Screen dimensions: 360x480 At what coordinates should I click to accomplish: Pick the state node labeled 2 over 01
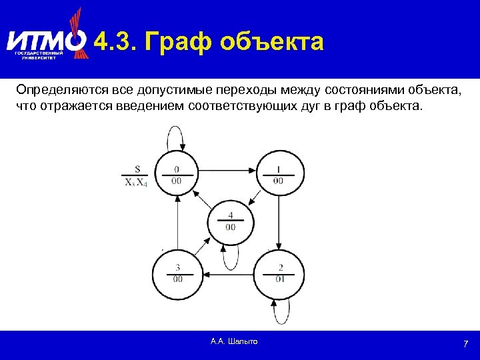point(279,273)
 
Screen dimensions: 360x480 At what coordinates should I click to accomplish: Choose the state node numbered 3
point(177,273)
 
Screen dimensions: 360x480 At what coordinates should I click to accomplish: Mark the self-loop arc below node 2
point(281,308)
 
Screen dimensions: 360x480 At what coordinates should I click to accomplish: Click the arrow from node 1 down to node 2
point(279,222)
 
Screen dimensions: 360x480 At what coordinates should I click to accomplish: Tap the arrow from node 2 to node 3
point(228,273)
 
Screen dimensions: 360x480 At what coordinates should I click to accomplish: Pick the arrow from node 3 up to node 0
point(177,223)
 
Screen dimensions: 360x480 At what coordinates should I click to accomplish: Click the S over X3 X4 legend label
point(136,177)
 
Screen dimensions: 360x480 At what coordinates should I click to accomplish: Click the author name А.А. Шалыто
point(234,341)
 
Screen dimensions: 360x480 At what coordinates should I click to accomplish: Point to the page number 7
point(466,344)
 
